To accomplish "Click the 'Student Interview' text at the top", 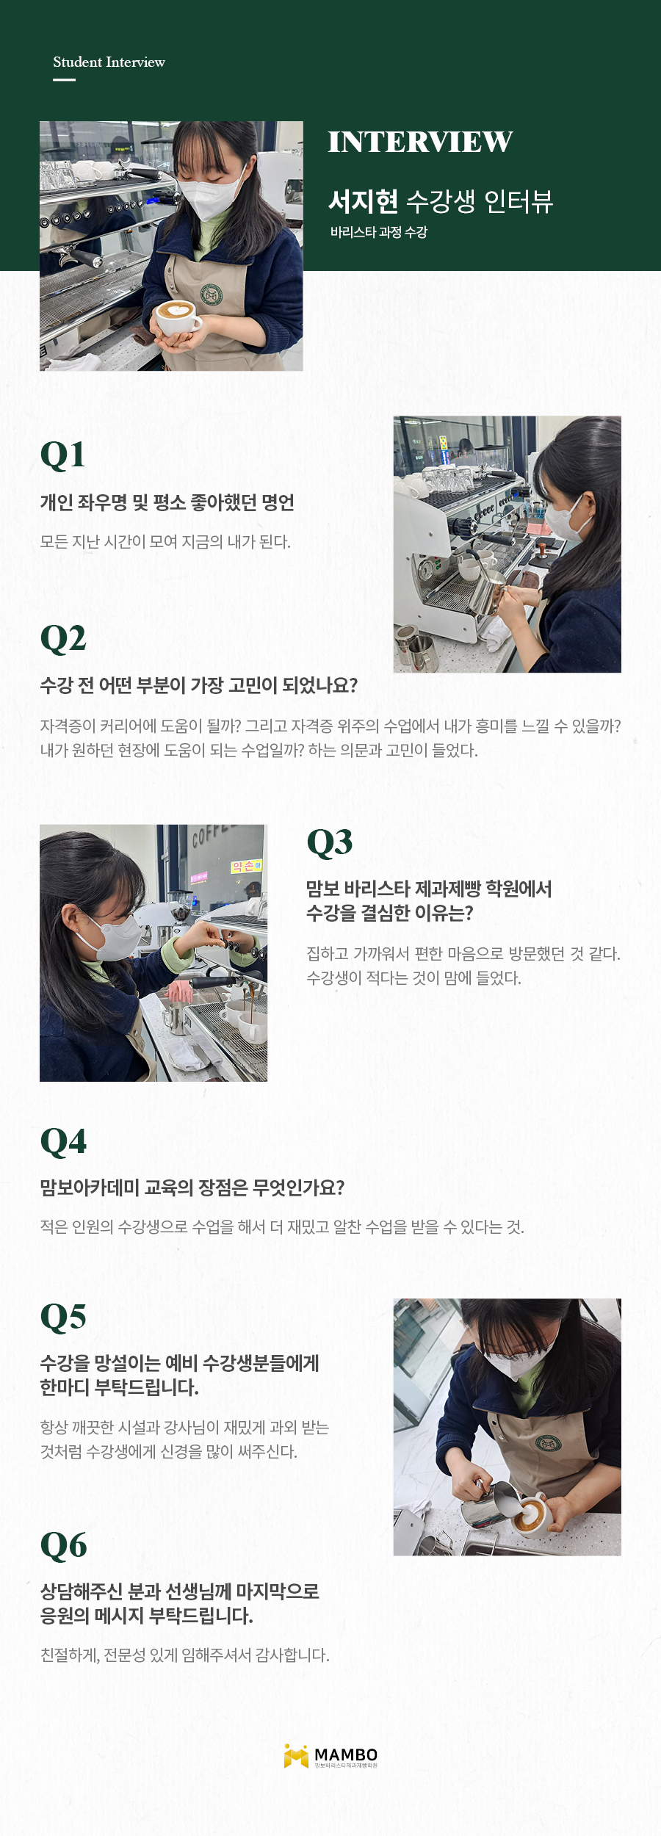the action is pos(109,62).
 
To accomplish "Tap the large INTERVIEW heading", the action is pos(420,142).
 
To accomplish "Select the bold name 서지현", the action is pos(363,200).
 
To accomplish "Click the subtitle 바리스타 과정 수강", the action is pos(378,232).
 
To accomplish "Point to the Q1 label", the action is pos(62,455).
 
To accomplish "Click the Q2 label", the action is pos(63,639).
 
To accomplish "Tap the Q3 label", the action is pos(330,842).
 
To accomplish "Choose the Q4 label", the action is pos(63,1142).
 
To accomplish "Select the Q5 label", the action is pos(63,1318).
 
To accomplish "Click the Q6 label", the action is pos(63,1546).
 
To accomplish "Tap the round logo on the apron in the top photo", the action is pos(212,294).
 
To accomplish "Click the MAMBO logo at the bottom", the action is pos(330,1756).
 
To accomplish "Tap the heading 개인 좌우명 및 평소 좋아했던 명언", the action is pos(167,503).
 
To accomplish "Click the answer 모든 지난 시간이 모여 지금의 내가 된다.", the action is pos(165,542).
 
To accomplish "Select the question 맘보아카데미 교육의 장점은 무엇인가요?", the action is pos(192,1188).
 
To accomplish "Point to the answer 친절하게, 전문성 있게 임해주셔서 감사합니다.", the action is pos(185,1655).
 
